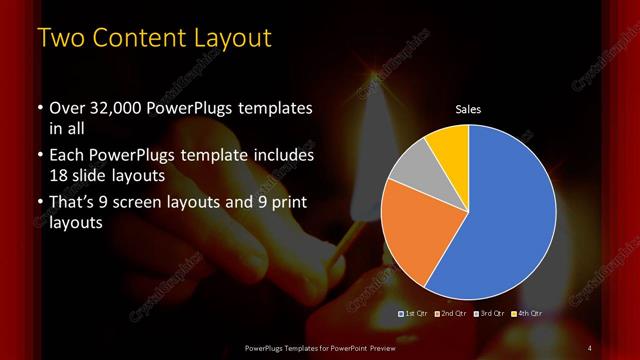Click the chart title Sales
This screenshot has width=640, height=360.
(468, 109)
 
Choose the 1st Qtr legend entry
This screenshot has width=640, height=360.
(415, 314)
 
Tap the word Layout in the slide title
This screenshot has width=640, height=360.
(231, 38)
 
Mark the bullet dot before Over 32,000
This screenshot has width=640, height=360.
(39, 109)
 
